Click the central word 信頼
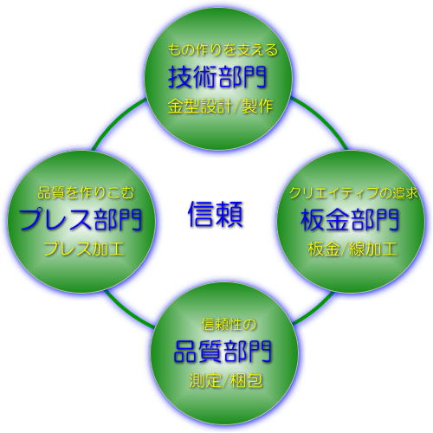pyautogui.click(x=216, y=214)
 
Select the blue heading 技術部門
pyautogui.click(x=217, y=77)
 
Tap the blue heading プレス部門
pyautogui.click(x=81, y=220)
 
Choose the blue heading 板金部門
pyautogui.click(x=350, y=220)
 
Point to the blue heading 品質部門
pyautogui.click(x=223, y=352)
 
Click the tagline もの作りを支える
pyautogui.click(x=223, y=49)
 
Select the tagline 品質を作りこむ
pyautogui.click(x=86, y=193)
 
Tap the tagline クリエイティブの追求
pyautogui.click(x=354, y=193)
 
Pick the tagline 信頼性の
pyautogui.click(x=229, y=325)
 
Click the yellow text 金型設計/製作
pyautogui.click(x=220, y=106)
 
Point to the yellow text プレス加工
pyautogui.click(x=84, y=249)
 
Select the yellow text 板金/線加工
pyautogui.click(x=352, y=249)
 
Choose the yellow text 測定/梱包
pyautogui.click(x=226, y=380)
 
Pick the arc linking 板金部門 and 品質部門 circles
pyautogui.click(x=314, y=309)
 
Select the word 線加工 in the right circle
pyautogui.click(x=372, y=249)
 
